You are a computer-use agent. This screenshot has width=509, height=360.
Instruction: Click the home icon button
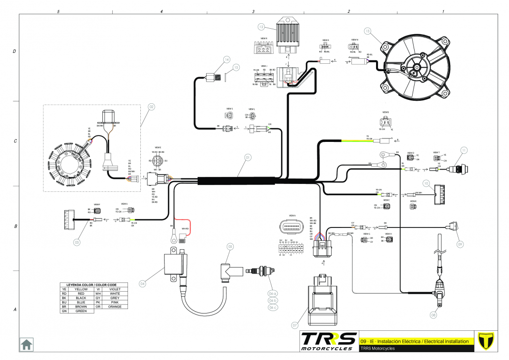click(x=26, y=344)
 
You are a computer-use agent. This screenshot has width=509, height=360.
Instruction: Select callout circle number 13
click(x=367, y=31)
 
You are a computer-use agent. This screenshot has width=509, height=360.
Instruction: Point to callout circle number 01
click(x=248, y=158)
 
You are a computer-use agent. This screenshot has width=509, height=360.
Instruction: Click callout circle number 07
click(x=295, y=325)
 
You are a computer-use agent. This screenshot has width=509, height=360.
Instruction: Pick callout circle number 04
click(x=142, y=283)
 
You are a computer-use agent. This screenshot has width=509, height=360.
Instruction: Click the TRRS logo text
click(x=328, y=340)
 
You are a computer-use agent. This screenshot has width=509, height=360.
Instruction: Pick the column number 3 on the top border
click(x=253, y=11)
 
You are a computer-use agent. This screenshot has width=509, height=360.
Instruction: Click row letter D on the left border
click(x=13, y=51)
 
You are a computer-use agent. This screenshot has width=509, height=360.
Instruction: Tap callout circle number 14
click(x=227, y=59)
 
